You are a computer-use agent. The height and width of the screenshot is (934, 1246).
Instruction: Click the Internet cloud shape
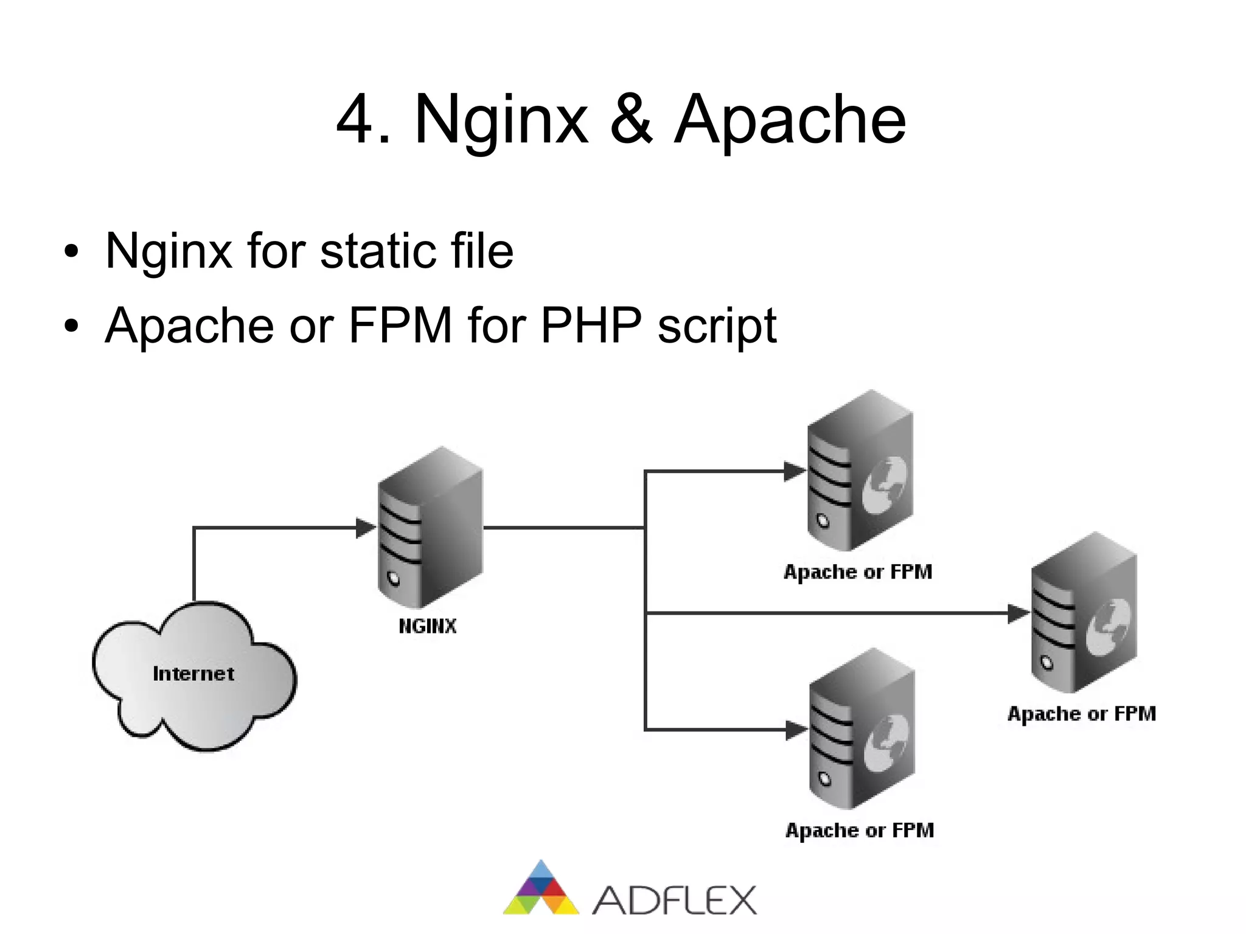click(x=193, y=675)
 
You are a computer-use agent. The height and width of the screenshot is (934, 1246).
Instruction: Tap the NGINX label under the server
click(x=427, y=626)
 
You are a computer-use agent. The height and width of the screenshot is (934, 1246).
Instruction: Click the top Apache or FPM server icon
click(x=860, y=472)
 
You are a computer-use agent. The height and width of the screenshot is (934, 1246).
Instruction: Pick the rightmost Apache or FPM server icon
click(x=1084, y=613)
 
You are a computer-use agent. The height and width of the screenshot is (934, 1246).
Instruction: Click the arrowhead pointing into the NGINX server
click(x=366, y=528)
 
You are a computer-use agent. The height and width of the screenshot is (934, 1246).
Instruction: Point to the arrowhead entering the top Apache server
click(x=795, y=472)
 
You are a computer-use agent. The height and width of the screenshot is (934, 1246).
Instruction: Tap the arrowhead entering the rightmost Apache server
click(x=1018, y=613)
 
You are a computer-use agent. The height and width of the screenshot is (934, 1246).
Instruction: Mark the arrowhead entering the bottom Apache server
click(x=796, y=730)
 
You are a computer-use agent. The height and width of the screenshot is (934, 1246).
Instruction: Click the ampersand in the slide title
click(x=632, y=120)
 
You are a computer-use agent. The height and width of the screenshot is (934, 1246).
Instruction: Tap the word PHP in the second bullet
click(x=590, y=326)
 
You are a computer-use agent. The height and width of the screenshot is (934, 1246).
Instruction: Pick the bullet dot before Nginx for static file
click(x=71, y=252)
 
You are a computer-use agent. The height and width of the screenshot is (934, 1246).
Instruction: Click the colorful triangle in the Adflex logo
click(x=540, y=890)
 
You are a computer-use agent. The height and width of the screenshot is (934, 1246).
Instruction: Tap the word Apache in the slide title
click(x=790, y=120)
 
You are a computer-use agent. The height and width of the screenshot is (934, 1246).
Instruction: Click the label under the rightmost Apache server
click(x=1081, y=714)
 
